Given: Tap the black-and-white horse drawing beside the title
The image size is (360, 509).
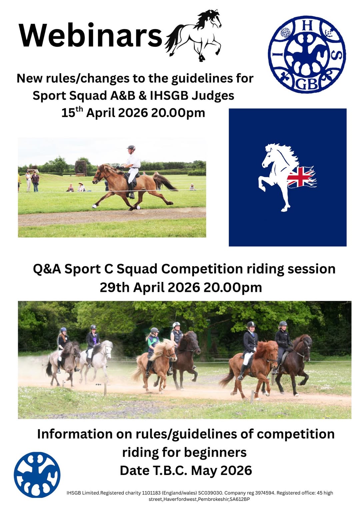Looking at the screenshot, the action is pos(194,35).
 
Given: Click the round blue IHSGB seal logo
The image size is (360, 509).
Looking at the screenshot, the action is pos(307,54).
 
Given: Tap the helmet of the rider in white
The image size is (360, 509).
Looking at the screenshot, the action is pos(131,148).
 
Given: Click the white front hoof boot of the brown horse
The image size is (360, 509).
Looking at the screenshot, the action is pos(94,206).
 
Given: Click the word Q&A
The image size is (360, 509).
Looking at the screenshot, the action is pos(47,269).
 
